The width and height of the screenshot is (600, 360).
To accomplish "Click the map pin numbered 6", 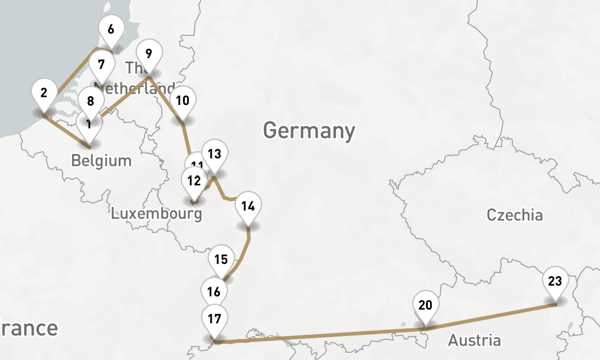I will tap(111, 29).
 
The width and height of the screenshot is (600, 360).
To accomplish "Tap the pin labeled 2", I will tap(44, 93).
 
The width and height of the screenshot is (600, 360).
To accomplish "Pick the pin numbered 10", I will tap(183, 100).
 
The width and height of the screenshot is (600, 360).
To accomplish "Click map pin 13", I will tap(214, 154).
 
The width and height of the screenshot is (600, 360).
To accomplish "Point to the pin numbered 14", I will tap(248, 206).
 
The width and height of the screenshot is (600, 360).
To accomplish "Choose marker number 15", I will tap(221, 260).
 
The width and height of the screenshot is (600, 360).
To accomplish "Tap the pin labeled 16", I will tap(214, 292).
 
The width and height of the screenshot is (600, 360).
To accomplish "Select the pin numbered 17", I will tap(214, 319).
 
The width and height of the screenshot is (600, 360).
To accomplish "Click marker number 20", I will tap(425, 305).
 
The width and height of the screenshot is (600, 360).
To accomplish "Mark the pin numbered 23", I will tap(555, 280).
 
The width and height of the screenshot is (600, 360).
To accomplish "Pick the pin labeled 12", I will tap(193, 180).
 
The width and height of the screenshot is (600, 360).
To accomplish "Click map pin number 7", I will tap(101, 64).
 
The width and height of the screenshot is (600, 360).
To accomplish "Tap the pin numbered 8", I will tap(91, 101).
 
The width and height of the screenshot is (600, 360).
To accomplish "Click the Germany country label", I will tap(308, 130).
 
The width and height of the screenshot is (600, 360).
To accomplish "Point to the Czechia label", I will tap(514, 215).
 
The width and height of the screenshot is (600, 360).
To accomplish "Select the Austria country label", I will tap(474, 341).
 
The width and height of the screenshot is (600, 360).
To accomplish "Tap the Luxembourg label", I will tap(155, 213).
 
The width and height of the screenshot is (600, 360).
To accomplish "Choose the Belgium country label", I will tap(101, 161).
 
